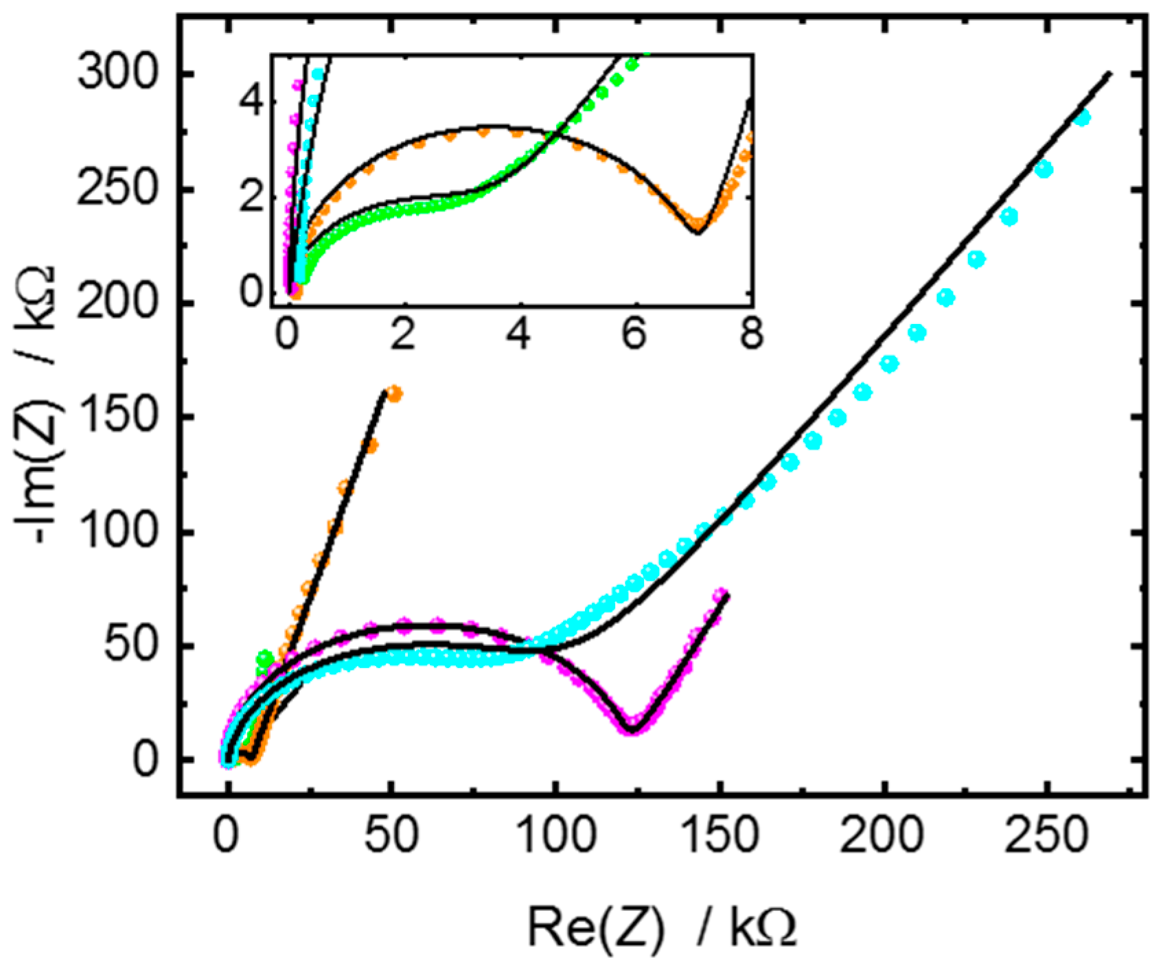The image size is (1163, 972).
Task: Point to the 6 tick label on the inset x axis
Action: click(636, 338)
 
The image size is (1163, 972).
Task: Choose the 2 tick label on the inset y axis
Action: click(253, 198)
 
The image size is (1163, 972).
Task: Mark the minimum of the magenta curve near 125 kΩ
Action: click(633, 727)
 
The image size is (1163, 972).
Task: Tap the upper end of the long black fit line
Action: click(1109, 73)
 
